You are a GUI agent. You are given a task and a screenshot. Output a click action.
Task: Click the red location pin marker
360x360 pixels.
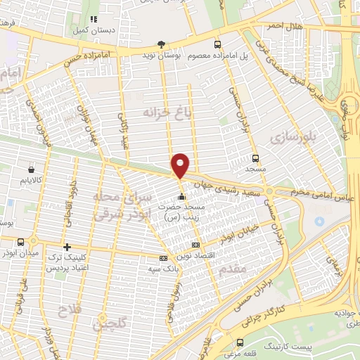pyautogui.click(x=180, y=165)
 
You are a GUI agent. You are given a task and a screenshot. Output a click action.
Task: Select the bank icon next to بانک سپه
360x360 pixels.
pyautogui.click(x=164, y=258)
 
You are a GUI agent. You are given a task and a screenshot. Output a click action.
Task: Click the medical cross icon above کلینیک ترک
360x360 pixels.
pyautogui.click(x=67, y=247)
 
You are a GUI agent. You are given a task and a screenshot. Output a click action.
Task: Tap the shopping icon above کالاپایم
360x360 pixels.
pyautogui.click(x=31, y=169)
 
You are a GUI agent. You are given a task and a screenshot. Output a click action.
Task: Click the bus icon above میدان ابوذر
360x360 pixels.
pyautogui.click(x=21, y=241)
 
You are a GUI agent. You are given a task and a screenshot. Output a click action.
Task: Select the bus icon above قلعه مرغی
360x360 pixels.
pyautogui.click(x=240, y=342)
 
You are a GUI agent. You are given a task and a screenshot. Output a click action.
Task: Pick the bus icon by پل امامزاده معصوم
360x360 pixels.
pyautogui.click(x=217, y=44)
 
